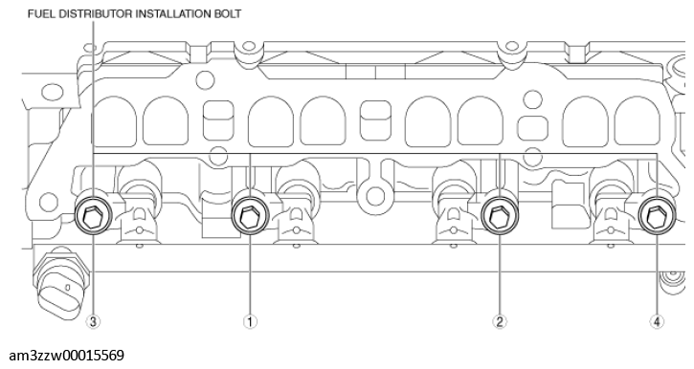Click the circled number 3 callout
point(93,322)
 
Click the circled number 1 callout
point(250,322)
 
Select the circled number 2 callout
point(499,322)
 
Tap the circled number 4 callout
point(657,322)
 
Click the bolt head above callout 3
point(93,216)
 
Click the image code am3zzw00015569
point(63,355)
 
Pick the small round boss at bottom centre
point(374,196)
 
